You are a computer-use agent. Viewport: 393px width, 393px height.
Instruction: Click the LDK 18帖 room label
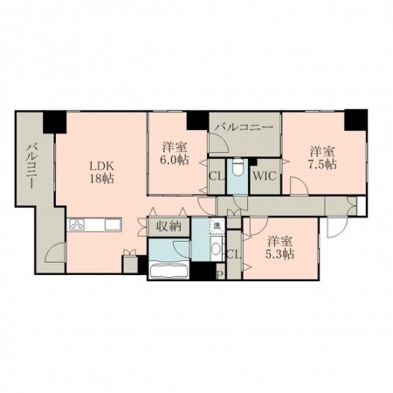tap(101, 172)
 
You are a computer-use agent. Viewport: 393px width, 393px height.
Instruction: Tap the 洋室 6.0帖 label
tap(176, 154)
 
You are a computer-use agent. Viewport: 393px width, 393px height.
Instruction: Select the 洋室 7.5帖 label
tap(322, 158)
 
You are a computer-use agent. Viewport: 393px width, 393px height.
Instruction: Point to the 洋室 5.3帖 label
tap(279, 248)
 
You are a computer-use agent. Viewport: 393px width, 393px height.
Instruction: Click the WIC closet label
tap(265, 176)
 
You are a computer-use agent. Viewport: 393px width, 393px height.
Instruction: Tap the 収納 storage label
tap(169, 226)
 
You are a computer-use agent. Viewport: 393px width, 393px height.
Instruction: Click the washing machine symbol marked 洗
tap(217, 225)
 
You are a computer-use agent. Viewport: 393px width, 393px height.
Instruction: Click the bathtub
tap(169, 271)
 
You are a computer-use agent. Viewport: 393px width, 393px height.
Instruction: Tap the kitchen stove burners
tap(76, 224)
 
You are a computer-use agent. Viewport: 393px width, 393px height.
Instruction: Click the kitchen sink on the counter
tap(113, 224)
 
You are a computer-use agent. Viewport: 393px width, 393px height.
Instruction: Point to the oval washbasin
tap(216, 249)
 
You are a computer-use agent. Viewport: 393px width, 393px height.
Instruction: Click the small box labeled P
tap(220, 274)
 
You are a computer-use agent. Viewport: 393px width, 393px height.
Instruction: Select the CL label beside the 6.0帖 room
tap(217, 176)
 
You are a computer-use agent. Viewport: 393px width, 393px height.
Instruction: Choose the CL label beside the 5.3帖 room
tap(234, 255)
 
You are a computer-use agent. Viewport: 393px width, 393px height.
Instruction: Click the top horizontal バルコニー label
tap(245, 128)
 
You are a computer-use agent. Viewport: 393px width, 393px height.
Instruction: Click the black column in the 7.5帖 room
tap(355, 120)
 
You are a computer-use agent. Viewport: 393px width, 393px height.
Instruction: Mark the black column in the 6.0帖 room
tap(197, 121)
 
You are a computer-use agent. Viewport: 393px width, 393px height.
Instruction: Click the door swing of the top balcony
tap(218, 142)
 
